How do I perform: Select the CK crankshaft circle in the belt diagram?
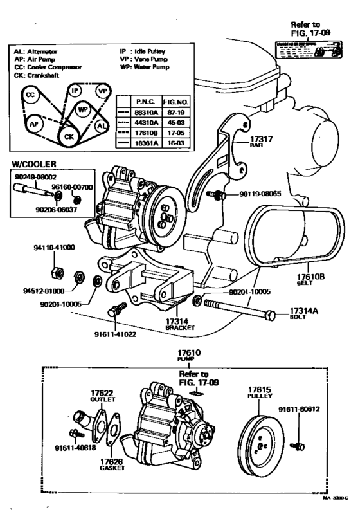(68, 136)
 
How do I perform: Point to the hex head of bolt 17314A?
(271, 315)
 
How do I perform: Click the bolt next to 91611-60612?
(298, 444)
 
